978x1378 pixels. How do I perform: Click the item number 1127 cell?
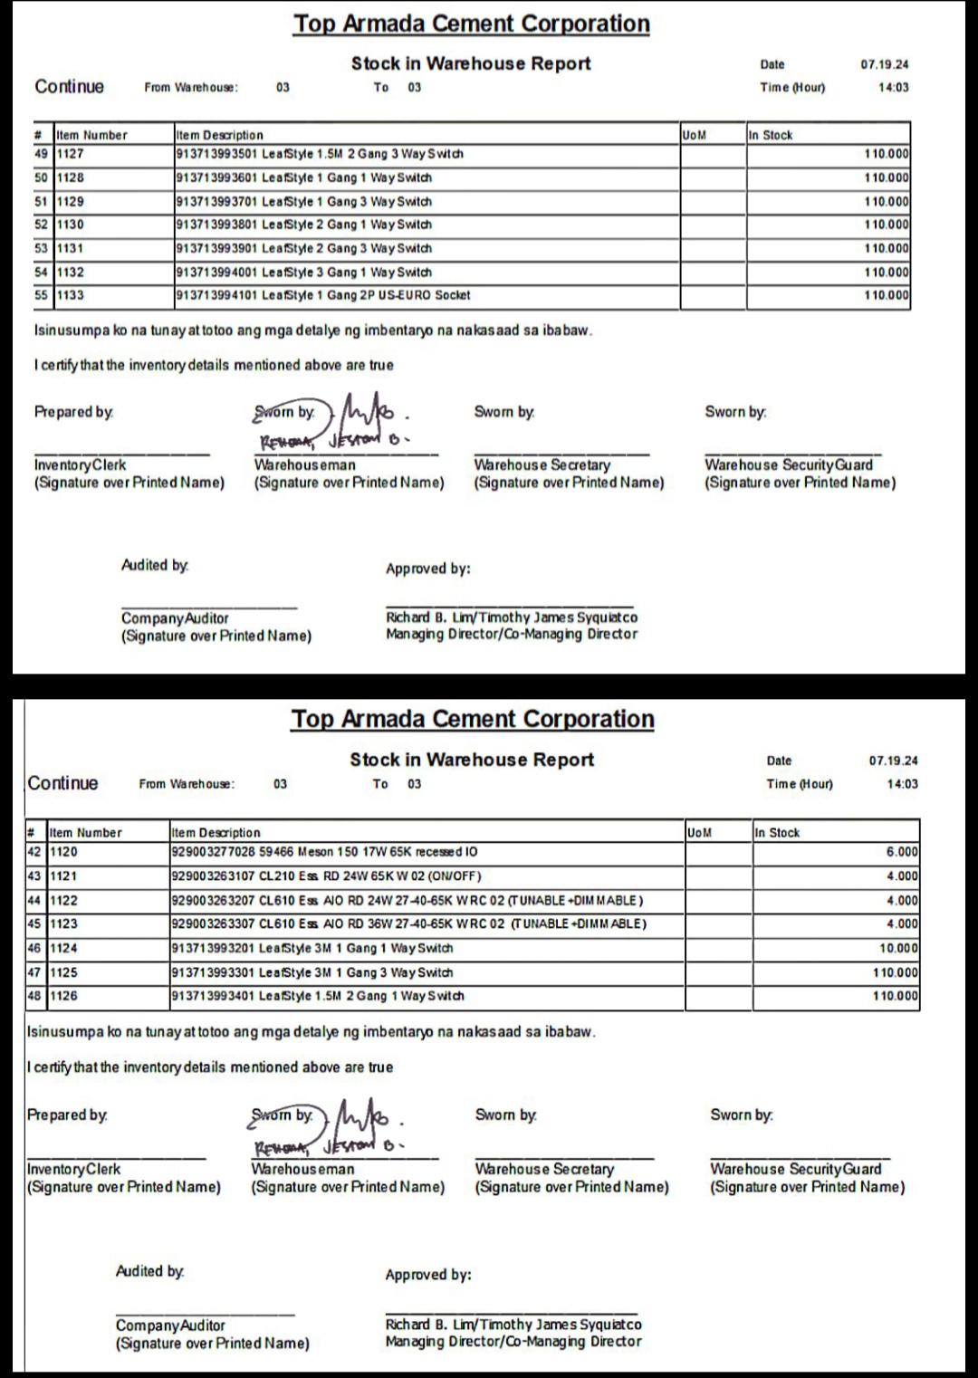[x=71, y=154]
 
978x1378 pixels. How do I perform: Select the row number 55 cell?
[x=41, y=295]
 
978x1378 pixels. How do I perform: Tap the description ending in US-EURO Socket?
[x=322, y=295]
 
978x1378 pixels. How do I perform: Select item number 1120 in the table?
[x=63, y=852]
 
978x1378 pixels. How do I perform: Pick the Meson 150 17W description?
[x=324, y=852]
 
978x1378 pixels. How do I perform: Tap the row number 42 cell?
[x=34, y=852]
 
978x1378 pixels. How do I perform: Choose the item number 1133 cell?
[x=71, y=295]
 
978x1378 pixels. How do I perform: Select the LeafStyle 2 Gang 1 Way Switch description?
[x=303, y=225]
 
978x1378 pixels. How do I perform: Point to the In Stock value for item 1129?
[x=887, y=201]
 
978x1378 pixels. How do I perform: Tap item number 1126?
[x=63, y=996]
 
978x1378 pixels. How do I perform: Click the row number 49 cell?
[x=41, y=154]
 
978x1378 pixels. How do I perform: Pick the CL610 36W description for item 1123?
[x=408, y=924]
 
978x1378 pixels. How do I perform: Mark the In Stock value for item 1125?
[x=896, y=972]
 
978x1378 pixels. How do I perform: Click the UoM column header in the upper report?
[x=694, y=135]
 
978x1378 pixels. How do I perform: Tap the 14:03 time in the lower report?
[x=902, y=784]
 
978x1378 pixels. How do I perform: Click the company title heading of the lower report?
[x=472, y=719]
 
